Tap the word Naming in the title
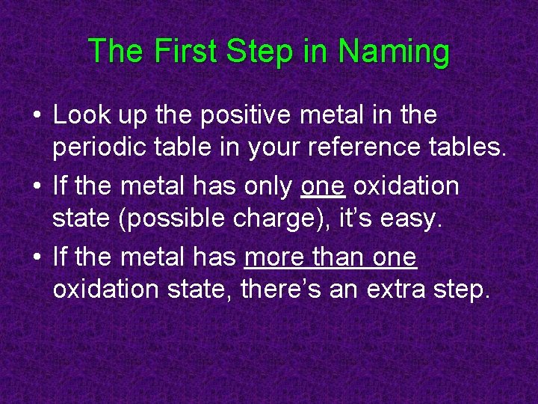click(394, 52)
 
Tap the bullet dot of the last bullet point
click(37, 257)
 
